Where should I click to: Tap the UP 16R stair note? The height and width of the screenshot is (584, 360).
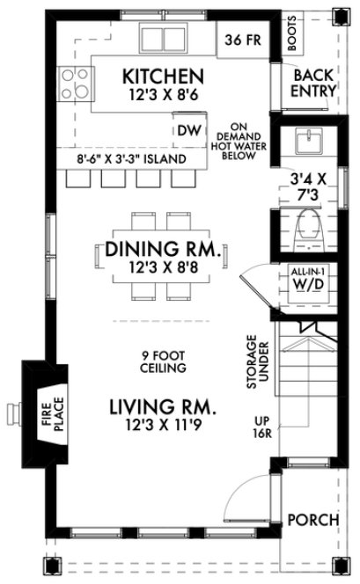pos(261,427)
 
